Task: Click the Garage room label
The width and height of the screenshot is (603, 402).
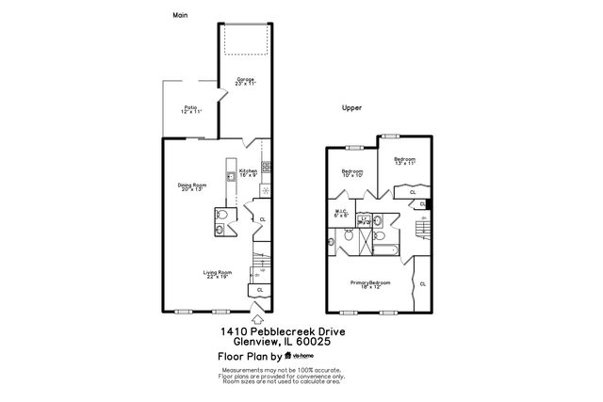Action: (245, 82)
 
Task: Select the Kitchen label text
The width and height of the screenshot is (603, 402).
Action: (248, 172)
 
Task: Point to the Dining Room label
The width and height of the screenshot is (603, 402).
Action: (192, 186)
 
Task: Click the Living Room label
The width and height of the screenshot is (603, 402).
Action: (218, 274)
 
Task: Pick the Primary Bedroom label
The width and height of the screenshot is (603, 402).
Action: (370, 283)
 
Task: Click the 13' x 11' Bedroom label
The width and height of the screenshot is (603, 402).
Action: (404, 162)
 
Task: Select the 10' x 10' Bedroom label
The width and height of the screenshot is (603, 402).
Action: (352, 172)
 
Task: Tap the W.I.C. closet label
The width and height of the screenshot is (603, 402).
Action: (342, 213)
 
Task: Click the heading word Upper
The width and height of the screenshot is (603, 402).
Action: (352, 109)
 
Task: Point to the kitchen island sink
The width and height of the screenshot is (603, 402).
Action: (230, 177)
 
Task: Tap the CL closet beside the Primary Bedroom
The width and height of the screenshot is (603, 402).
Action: (422, 283)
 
